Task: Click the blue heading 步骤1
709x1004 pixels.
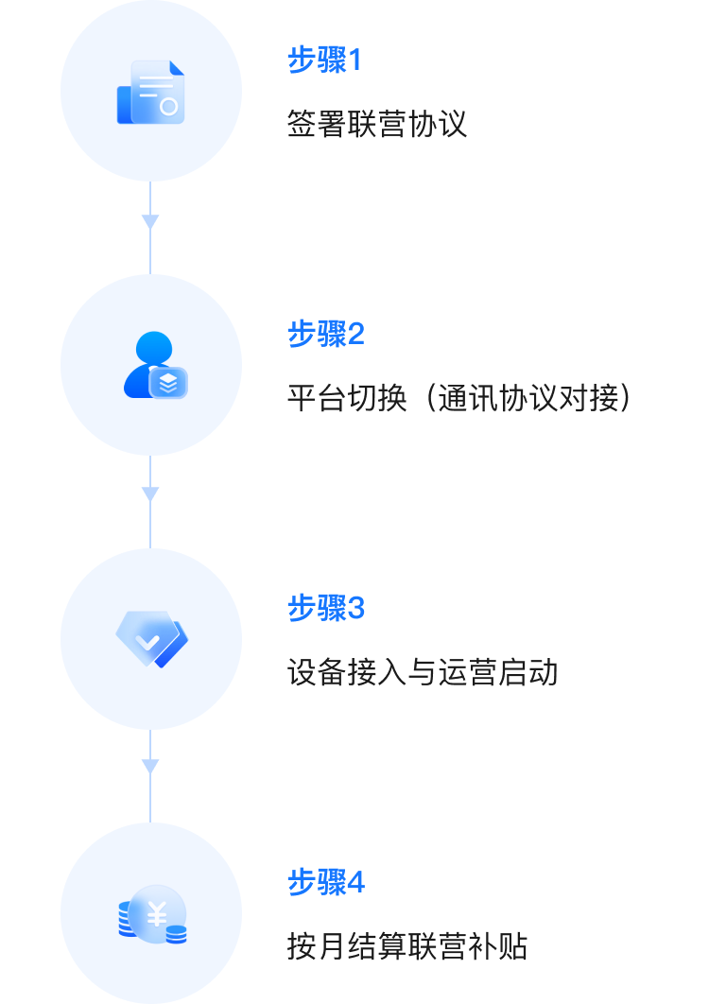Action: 324,61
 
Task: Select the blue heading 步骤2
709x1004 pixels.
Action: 325,334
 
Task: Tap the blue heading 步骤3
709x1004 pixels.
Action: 325,608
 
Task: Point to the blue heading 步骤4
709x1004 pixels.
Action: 325,882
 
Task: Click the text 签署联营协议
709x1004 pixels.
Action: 377,124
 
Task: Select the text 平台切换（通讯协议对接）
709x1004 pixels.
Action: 458,398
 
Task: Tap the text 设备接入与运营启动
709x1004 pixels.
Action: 423,672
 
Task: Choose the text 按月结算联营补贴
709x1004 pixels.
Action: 407,946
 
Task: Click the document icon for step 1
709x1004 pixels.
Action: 151,92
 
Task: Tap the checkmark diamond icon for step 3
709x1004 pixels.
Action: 151,638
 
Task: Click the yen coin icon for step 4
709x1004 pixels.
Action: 153,914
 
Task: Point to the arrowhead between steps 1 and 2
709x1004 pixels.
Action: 150,221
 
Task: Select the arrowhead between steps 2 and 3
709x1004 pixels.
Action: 150,494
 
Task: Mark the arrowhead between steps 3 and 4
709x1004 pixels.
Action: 150,767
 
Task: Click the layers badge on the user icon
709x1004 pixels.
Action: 168,382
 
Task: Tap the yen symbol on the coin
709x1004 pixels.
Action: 157,914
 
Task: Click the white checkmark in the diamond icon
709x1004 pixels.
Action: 147,640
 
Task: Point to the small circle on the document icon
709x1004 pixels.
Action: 168,107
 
